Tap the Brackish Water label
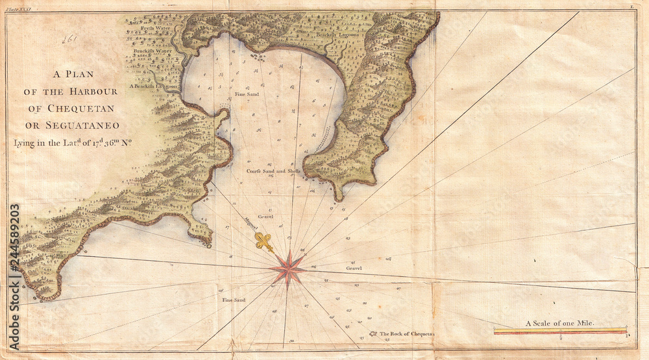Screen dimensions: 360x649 tap(153, 50)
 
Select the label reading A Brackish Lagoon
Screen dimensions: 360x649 tap(153, 86)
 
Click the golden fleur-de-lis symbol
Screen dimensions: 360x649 tap(263, 242)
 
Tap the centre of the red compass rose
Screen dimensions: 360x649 tap(288, 269)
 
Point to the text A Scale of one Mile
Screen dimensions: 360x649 tap(560, 322)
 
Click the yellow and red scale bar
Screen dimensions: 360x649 tap(561, 331)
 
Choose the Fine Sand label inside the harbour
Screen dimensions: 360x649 tap(247, 94)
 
